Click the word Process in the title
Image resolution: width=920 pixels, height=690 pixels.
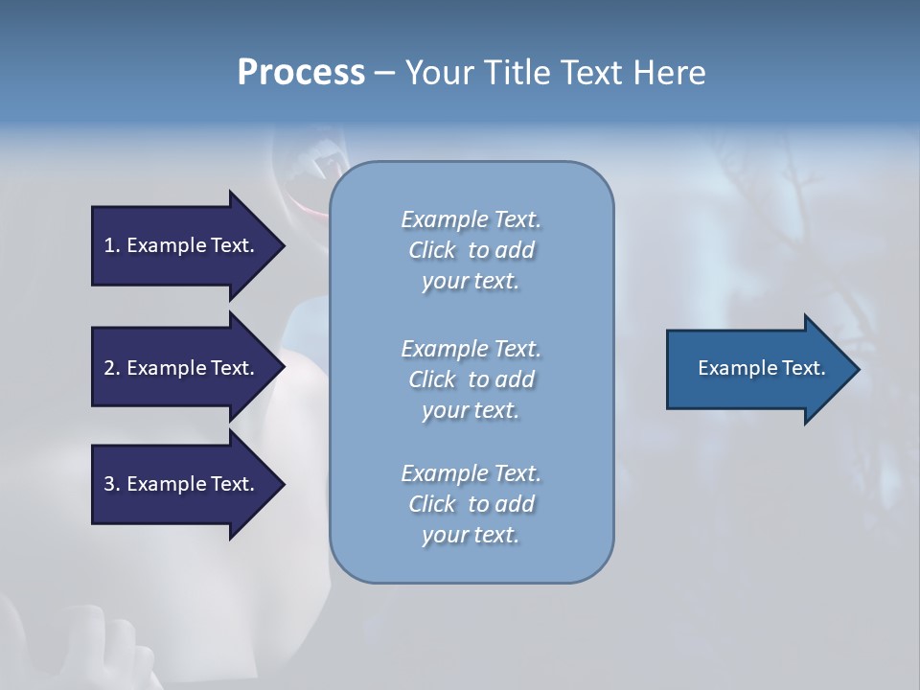301,73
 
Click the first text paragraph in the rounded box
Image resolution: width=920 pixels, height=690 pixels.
471,250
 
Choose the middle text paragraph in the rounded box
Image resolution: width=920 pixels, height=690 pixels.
471,379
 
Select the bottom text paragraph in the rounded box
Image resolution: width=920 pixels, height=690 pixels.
471,504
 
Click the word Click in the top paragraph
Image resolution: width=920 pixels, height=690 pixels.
432,250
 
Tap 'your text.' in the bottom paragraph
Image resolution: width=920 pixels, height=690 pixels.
471,535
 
